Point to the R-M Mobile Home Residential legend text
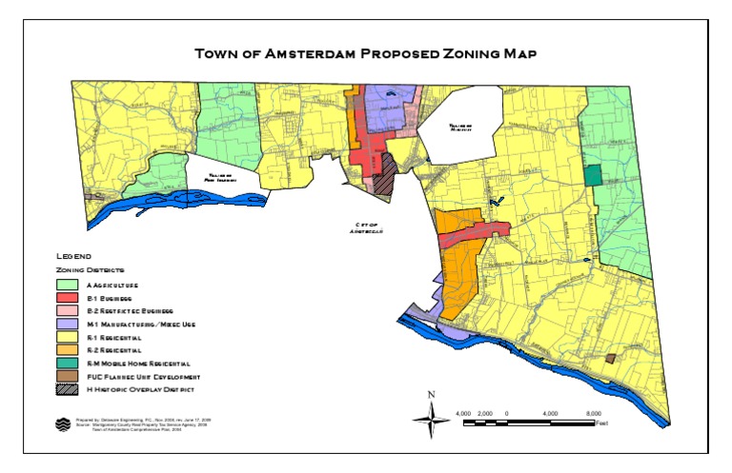(139, 364)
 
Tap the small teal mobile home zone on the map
(594, 175)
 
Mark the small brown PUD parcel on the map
(611, 357)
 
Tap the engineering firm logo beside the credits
(63, 424)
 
